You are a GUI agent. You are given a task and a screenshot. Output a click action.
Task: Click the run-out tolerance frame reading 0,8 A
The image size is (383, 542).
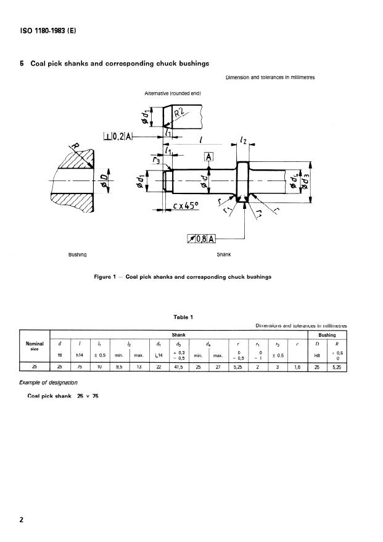pos(201,238)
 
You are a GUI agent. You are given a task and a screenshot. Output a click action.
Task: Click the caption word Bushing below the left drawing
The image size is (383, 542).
pos(77,254)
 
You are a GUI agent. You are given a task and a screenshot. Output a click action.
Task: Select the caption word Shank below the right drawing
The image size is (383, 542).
pos(224,254)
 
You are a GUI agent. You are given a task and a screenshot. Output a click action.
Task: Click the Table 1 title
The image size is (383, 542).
pos(184,318)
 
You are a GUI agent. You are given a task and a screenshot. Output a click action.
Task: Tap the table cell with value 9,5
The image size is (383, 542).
pos(121,366)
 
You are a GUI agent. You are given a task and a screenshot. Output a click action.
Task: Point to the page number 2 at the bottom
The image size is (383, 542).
pos(22,520)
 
